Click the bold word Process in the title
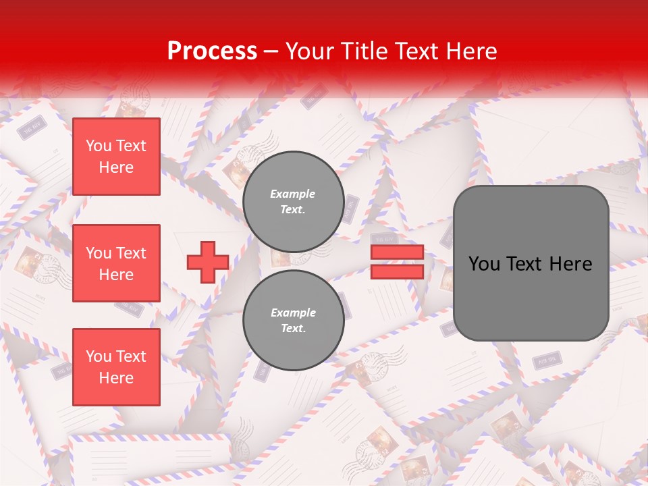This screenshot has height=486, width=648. (x=212, y=51)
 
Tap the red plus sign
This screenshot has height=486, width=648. (x=207, y=263)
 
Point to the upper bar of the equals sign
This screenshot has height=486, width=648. (x=397, y=252)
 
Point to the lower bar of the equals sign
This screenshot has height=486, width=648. (x=397, y=272)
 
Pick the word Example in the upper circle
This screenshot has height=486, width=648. (x=293, y=194)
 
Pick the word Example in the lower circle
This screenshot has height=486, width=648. (x=293, y=313)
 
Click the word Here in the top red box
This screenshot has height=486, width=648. (x=116, y=167)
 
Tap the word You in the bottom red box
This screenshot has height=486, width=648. (x=99, y=356)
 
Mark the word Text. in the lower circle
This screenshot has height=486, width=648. (x=293, y=329)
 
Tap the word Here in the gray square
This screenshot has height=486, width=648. (x=570, y=264)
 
